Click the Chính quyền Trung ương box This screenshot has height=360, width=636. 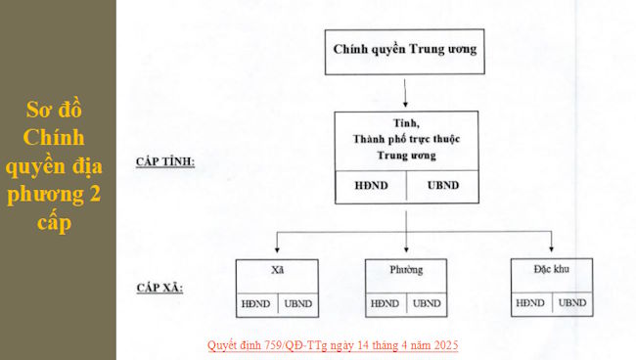pos(405,49)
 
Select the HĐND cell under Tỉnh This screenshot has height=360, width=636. pos(370,186)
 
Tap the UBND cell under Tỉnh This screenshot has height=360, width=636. pos(443,186)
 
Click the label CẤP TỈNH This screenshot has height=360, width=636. pos(165,161)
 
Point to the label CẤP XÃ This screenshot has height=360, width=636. pos(160,289)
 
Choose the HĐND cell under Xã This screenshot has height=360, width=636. pos(256,304)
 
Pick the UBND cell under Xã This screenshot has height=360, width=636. pos(298,304)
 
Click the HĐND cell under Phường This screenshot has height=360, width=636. pos(385,304)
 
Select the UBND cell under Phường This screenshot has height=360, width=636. pos(427,304)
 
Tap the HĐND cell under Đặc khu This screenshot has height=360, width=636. pos(530,303)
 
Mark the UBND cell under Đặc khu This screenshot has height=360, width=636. pos(572,303)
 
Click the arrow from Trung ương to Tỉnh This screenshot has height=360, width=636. pos(405,92)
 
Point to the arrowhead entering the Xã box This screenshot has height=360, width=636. pos(277,252)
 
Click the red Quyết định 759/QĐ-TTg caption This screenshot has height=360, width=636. pos(333,345)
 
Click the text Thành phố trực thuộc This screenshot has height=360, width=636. pos(406,140)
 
